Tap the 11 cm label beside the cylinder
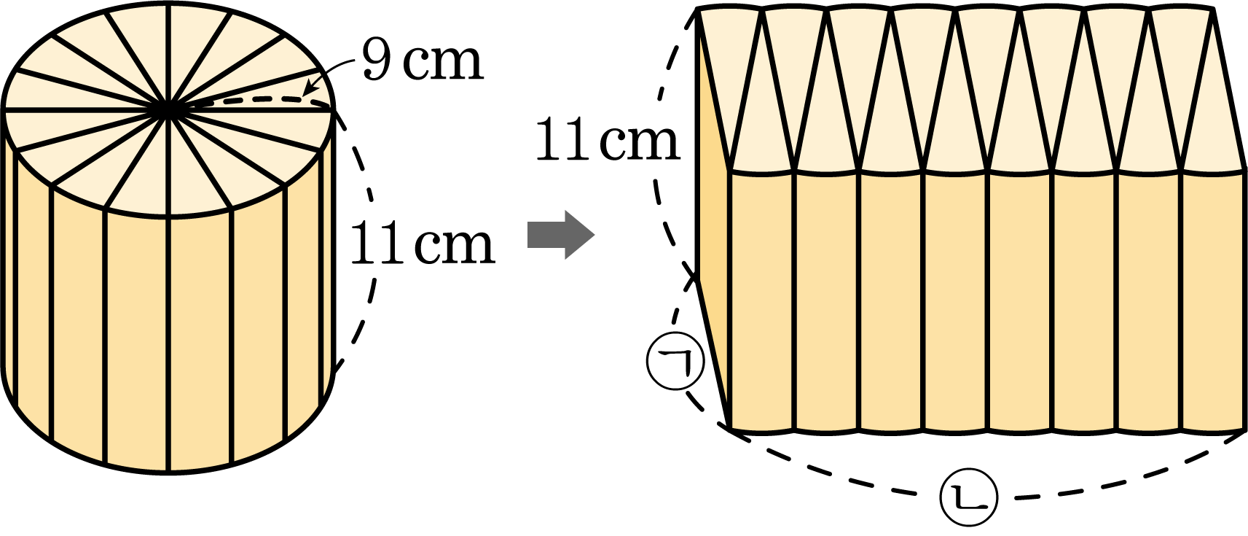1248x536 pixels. click(423, 243)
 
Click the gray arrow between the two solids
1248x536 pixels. click(561, 234)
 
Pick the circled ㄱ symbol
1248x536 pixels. click(676, 362)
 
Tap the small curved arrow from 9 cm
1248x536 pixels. click(329, 72)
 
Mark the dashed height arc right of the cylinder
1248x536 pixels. click(372, 234)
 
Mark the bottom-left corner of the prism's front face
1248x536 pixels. click(729, 429)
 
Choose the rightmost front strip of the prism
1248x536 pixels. click(1214, 301)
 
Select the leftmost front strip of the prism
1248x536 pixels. click(762, 301)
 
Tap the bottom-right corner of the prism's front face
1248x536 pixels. click(1244, 430)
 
